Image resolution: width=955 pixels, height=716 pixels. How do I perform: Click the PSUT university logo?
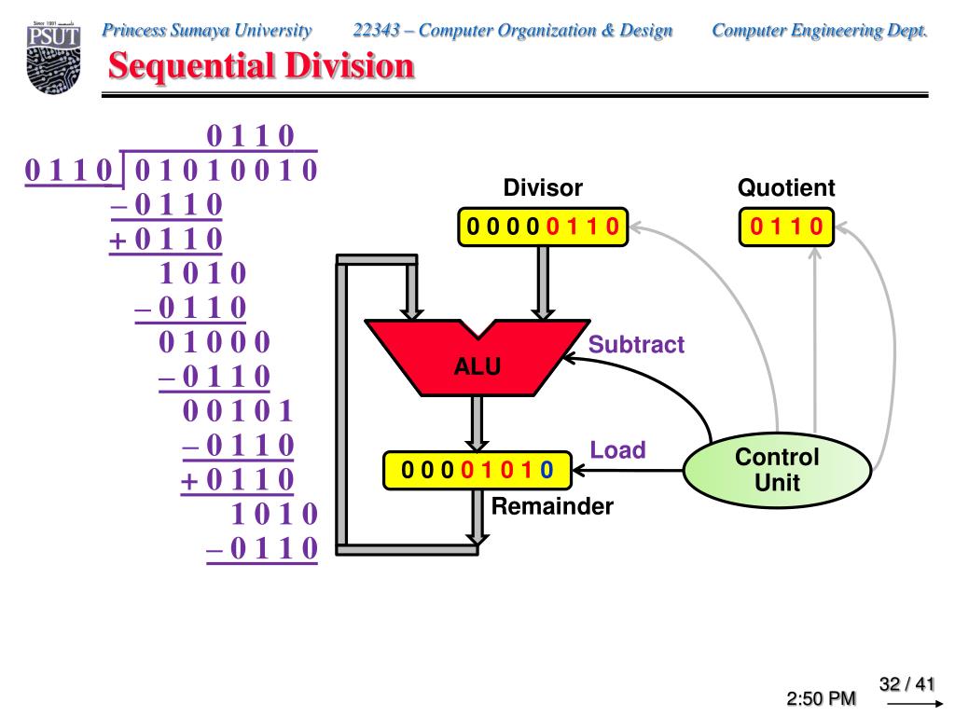pos(53,58)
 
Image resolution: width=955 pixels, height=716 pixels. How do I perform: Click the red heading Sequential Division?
pos(261,66)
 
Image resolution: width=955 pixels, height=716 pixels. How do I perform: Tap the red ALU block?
pos(477,358)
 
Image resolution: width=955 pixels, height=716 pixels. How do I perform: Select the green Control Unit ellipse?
pos(777,470)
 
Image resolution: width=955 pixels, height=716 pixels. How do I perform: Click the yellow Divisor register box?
pos(543,227)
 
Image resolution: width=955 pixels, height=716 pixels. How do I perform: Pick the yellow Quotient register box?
pos(786,227)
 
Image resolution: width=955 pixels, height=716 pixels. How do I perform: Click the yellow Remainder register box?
pos(477,470)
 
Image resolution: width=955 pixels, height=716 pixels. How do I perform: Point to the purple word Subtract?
pos(636,345)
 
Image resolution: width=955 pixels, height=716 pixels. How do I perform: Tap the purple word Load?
pos(617,450)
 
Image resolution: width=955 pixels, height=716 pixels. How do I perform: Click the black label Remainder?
pos(552,506)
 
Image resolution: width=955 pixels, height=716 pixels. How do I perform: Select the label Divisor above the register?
pos(543,187)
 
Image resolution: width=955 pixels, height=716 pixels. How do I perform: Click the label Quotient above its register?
pos(786,187)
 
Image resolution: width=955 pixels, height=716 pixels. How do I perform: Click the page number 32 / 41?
pos(907,684)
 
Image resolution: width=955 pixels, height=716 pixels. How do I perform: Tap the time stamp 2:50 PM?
pos(821,698)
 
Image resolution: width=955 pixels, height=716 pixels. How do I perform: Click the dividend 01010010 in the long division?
pos(226,170)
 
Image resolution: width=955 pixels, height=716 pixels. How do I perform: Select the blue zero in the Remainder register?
pos(547,470)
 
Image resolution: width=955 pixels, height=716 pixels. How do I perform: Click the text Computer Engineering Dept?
pos(819,31)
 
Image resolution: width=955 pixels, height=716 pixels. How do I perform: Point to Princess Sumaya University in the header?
pos(206,31)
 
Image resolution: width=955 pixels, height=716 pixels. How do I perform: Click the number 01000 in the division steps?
pos(214,342)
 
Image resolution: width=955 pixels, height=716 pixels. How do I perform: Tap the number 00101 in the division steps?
pos(238,411)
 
